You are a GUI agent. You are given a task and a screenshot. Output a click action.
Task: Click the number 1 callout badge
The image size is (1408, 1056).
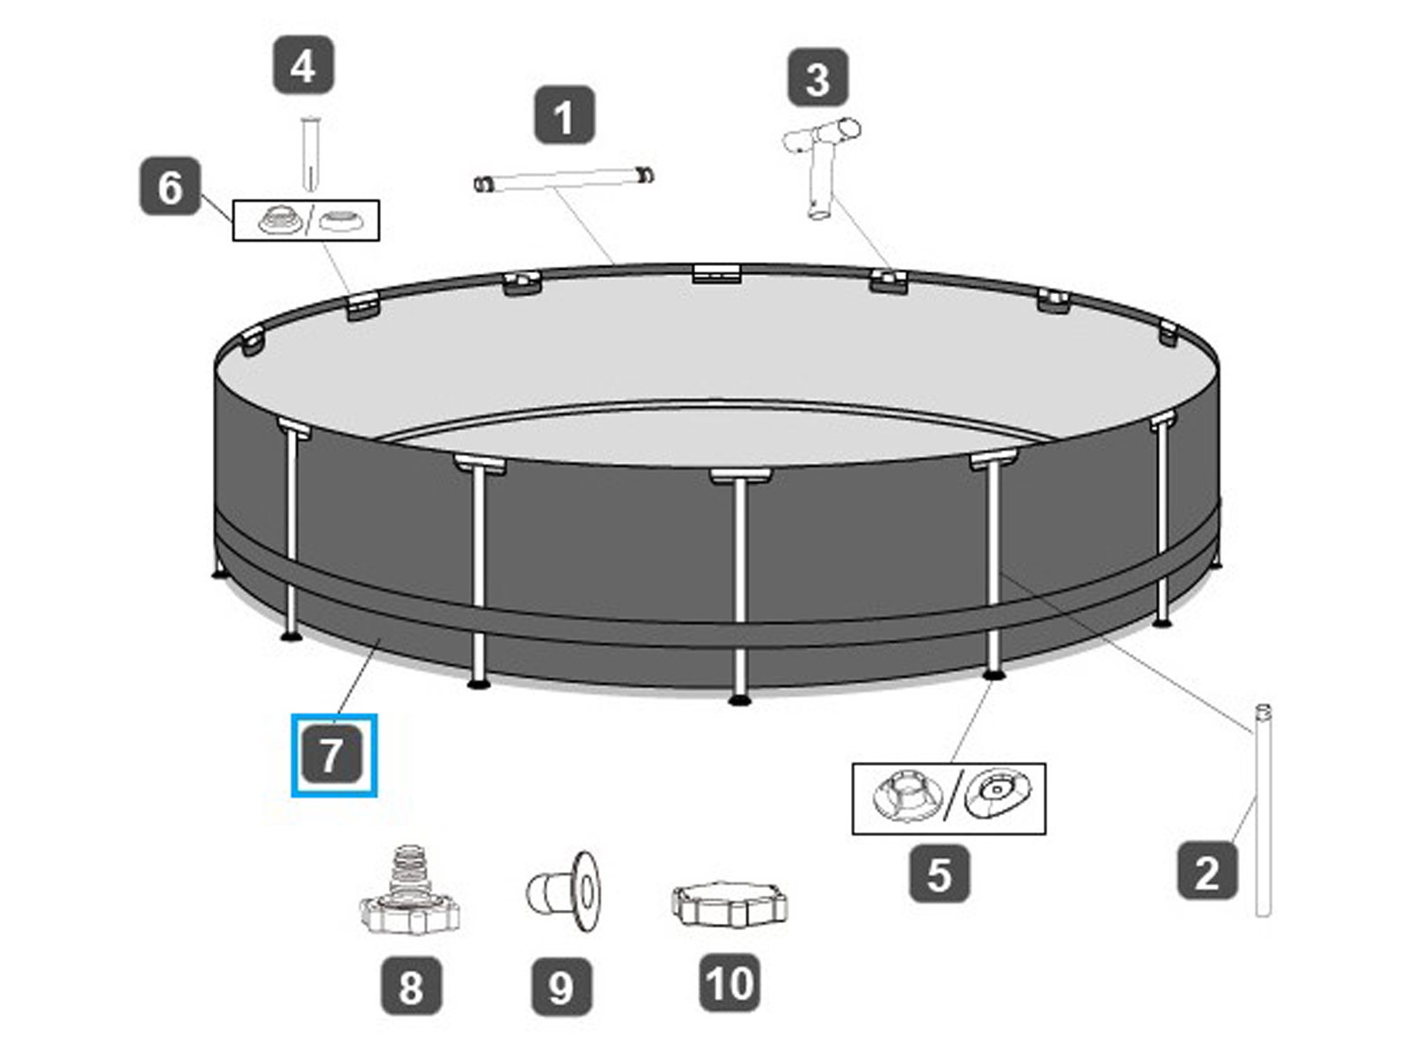564,115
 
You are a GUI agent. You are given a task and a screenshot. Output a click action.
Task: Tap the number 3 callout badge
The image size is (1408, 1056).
818,77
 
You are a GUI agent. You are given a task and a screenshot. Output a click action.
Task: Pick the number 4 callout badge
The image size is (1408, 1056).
303,65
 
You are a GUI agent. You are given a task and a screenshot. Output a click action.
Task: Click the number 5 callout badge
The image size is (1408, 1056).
939,873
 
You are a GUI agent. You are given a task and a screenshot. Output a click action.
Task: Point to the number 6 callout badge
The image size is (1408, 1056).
170,187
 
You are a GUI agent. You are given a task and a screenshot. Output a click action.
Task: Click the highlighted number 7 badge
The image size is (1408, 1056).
334,755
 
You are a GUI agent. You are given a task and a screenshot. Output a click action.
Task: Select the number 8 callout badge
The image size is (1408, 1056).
411,986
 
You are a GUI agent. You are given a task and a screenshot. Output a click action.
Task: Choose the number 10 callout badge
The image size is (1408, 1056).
730,982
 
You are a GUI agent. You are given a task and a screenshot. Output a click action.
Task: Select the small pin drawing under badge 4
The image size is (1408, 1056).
309,153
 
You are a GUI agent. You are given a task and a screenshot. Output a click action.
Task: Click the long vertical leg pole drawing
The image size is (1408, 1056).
1262,810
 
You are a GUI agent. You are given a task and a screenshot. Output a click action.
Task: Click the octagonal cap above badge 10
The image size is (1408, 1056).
729,904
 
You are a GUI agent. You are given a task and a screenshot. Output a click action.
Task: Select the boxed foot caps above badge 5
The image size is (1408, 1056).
949,798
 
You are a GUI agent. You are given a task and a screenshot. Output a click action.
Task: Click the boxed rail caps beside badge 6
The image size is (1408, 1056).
305,220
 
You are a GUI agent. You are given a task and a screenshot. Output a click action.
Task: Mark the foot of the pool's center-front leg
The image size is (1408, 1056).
739,700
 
